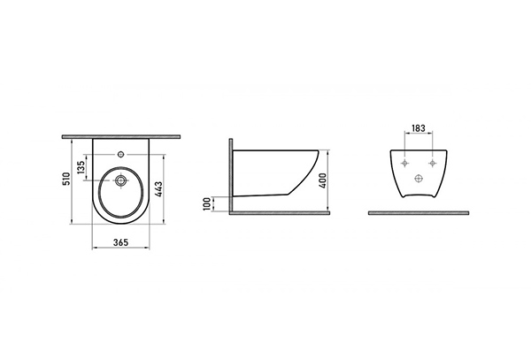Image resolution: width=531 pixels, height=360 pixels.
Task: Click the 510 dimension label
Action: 66,179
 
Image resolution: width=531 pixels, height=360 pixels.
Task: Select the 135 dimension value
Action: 81,167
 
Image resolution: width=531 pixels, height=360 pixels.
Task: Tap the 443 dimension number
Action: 158,188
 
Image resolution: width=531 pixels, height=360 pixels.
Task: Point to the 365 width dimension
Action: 120,242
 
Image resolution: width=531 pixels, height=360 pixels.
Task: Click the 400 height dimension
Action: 322,180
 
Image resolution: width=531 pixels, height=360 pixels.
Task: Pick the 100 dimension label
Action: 206,204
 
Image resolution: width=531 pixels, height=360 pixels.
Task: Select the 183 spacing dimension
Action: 419,128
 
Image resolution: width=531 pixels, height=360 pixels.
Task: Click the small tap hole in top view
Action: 120,155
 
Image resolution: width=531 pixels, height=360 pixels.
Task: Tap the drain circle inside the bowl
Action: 120,181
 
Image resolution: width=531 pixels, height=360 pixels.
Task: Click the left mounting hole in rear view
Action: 405,164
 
